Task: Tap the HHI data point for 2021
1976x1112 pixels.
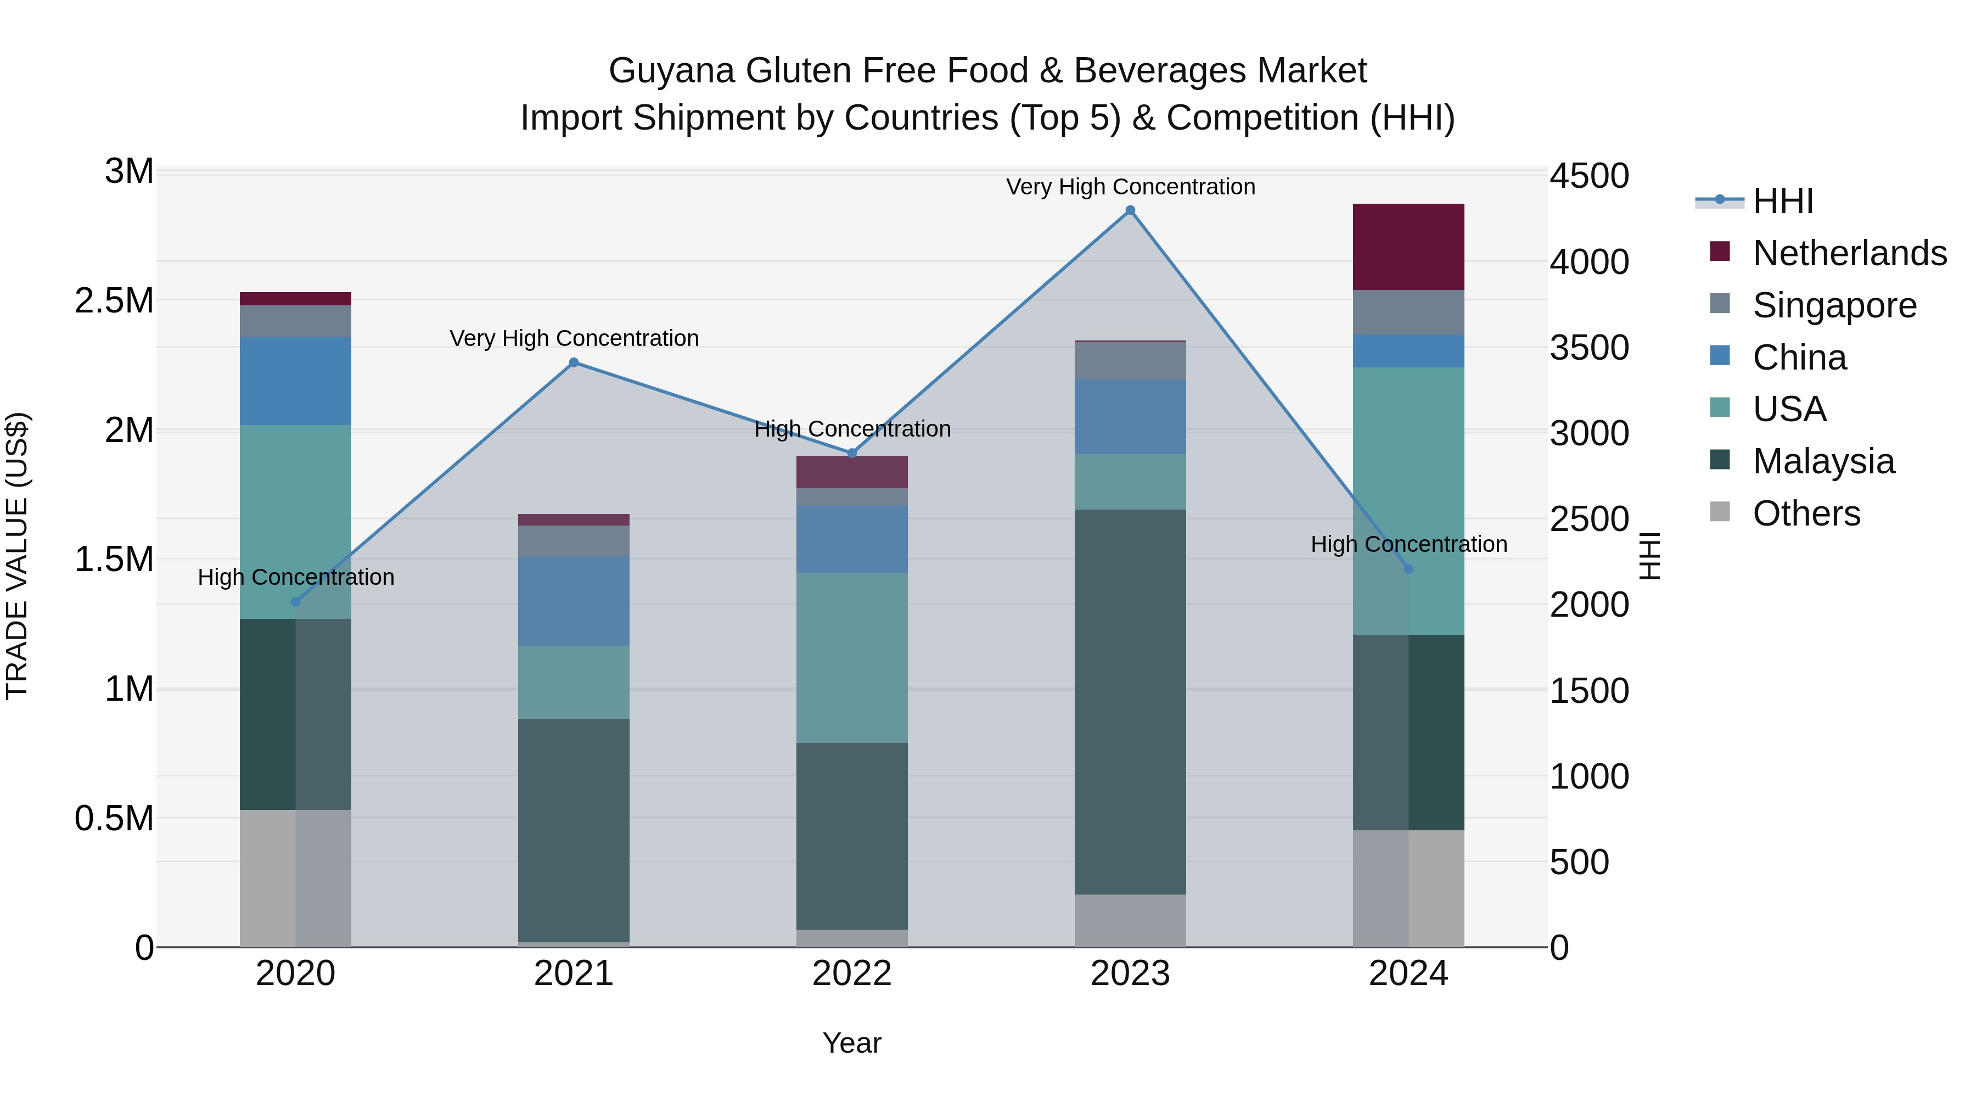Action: pyautogui.click(x=574, y=362)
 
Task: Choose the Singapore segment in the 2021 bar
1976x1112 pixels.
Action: pyautogui.click(x=574, y=540)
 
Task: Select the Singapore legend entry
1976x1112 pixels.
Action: pyautogui.click(x=1833, y=305)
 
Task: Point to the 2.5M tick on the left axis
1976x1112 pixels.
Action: pyautogui.click(x=114, y=301)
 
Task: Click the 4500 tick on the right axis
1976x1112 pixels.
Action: pyautogui.click(x=1588, y=176)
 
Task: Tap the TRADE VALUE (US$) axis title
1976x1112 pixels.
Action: pyautogui.click(x=18, y=556)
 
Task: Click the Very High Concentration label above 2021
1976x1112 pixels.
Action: pyautogui.click(x=574, y=338)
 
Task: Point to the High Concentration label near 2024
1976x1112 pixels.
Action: pyautogui.click(x=1408, y=544)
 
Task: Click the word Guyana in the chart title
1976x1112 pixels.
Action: pyautogui.click(x=671, y=71)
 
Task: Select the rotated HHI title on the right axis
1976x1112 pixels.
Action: pyautogui.click(x=1650, y=556)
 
